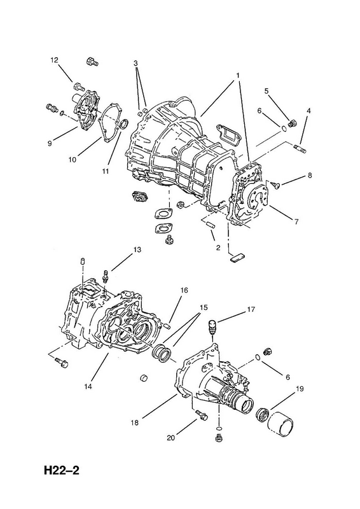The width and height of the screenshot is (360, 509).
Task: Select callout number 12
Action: pos(54,60)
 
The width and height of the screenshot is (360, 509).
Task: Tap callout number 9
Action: pos(50,143)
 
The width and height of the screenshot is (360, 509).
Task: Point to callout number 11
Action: pos(105,171)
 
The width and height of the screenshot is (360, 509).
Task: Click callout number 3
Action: pos(136,62)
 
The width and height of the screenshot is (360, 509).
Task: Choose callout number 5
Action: pos(267,90)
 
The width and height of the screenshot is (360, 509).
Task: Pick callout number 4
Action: pos(308,111)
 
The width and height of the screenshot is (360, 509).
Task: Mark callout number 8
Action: pos(310,176)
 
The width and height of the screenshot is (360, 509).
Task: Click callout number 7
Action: pos(296,222)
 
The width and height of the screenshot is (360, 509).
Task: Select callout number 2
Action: pos(218,248)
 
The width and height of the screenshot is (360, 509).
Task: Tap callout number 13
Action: pos(137,249)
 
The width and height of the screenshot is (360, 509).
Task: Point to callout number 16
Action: pos(184,291)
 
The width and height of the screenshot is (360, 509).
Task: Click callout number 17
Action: pos(251,310)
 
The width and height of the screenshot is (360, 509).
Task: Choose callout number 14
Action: pos(88,387)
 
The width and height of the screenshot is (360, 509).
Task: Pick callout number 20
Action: pos(170,438)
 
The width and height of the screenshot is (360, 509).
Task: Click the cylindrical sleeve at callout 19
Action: pos(280,423)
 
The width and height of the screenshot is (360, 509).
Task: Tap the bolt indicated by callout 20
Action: pos(200,414)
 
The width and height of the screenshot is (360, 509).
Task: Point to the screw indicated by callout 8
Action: pos(275,185)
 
